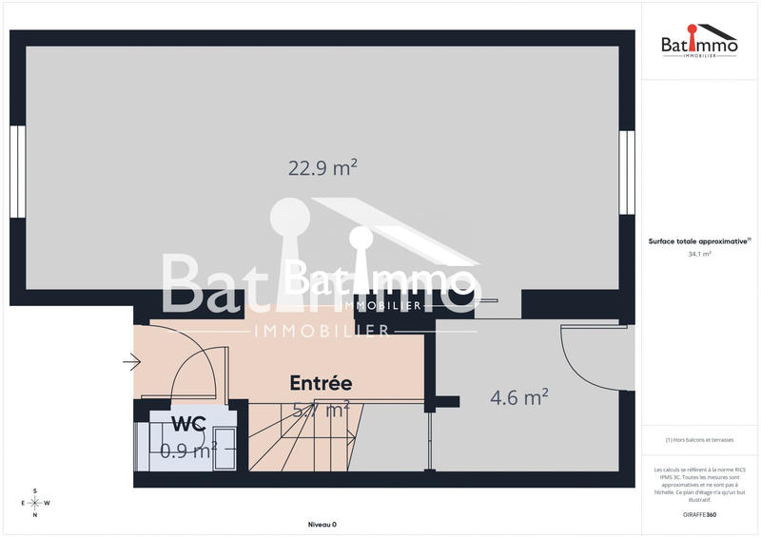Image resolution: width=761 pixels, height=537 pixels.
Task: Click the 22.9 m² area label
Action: pyautogui.click(x=322, y=168)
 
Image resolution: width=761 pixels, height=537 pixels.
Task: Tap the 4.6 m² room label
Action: pyautogui.click(x=518, y=397)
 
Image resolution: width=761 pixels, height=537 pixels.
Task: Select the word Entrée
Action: pyautogui.click(x=321, y=383)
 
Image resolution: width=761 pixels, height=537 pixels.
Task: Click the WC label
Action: pyautogui.click(x=188, y=423)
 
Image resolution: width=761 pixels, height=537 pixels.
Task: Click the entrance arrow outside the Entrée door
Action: pyautogui.click(x=131, y=361)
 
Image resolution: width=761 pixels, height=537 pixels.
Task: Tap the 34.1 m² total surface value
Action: pyautogui.click(x=699, y=254)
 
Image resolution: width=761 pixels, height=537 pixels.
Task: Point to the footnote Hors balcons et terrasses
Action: pyautogui.click(x=699, y=439)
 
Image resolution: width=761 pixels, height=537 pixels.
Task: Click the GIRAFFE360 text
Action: pyautogui.click(x=699, y=514)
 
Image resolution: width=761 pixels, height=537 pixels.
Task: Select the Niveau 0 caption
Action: pyautogui.click(x=322, y=525)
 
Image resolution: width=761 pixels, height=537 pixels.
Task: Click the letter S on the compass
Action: pyautogui.click(x=35, y=490)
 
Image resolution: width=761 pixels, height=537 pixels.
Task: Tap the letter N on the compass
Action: pyautogui.click(x=35, y=515)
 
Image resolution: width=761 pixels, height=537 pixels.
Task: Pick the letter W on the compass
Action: pyautogui.click(x=48, y=503)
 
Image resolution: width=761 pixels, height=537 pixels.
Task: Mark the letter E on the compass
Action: pyautogui.click(x=23, y=503)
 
